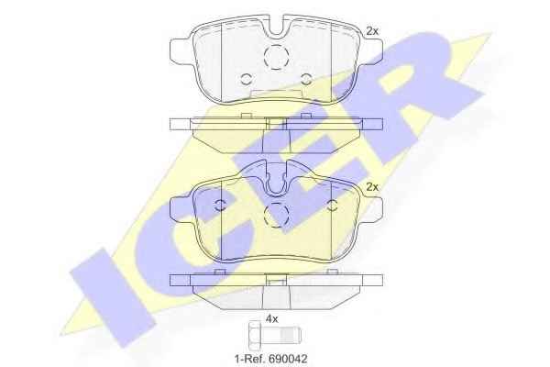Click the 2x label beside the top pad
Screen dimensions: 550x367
coord(372,31)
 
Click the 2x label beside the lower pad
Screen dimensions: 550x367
coord(372,187)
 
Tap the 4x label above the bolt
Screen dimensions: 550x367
coord(272,319)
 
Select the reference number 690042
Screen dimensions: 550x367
coord(288,359)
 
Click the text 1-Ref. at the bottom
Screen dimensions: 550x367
coord(250,359)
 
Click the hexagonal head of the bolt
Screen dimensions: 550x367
coord(255,335)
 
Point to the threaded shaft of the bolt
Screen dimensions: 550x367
coord(280,335)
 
